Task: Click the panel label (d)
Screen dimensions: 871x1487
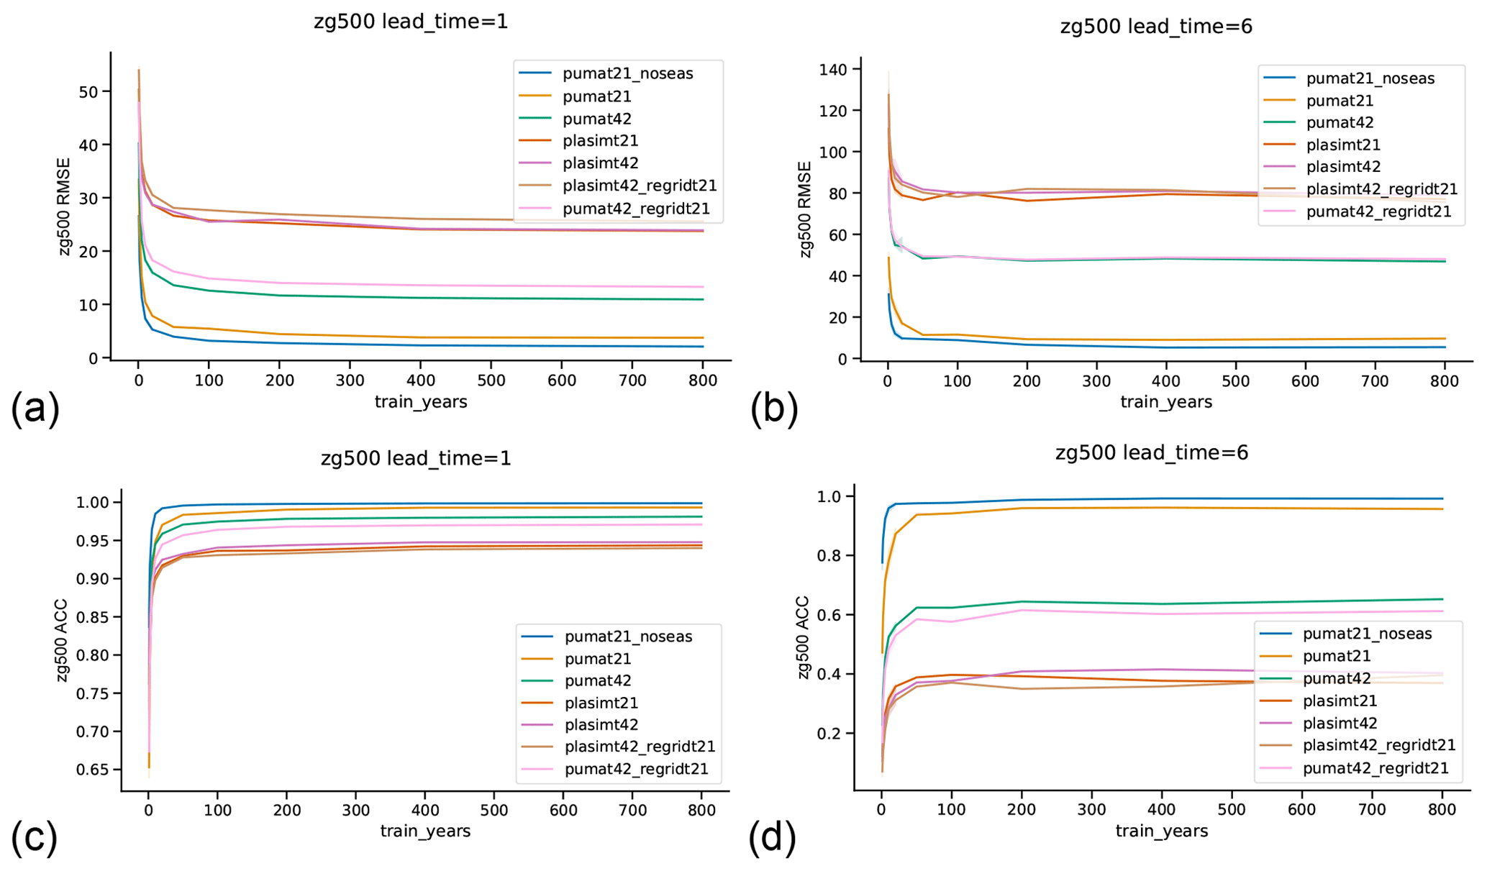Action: [x=772, y=838]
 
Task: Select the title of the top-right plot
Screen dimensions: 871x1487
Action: [x=1155, y=27]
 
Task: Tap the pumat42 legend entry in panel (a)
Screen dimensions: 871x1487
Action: [x=596, y=119]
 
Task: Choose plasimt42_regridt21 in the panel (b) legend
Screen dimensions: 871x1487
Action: [x=1381, y=189]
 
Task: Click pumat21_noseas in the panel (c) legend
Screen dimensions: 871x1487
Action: [x=628, y=637]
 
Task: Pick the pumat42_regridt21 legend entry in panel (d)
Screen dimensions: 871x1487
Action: [x=1375, y=768]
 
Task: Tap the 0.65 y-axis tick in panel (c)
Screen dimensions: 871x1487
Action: [x=93, y=770]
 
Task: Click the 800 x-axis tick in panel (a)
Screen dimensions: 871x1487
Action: [x=702, y=380]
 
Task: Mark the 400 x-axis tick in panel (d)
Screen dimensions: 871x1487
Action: [x=1162, y=810]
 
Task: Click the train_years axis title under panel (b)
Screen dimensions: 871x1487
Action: [x=1165, y=402]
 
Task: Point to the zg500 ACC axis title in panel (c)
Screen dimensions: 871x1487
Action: [x=62, y=640]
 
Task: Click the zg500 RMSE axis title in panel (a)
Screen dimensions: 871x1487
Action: [x=65, y=207]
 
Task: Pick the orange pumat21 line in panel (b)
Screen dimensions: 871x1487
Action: [x=1151, y=339]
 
